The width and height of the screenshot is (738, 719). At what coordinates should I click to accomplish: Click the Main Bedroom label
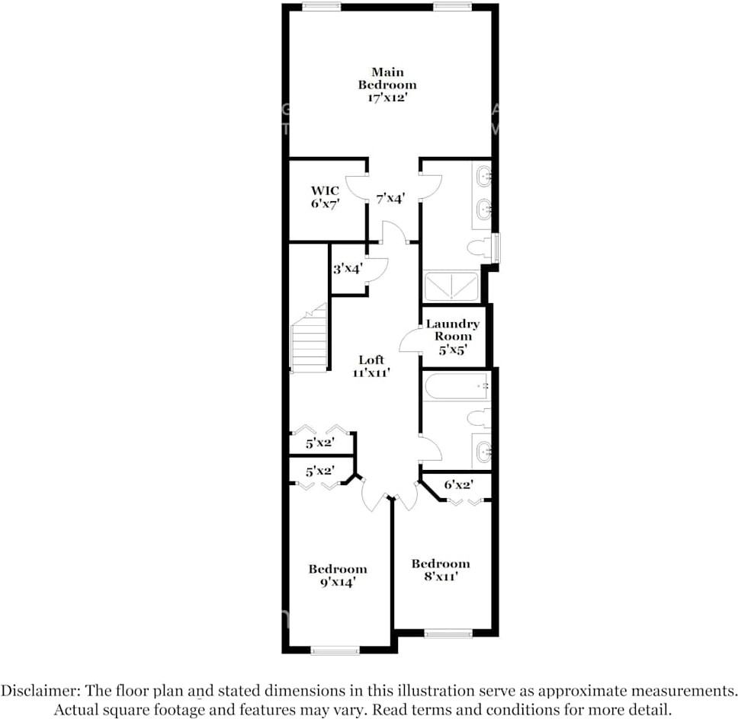(387, 85)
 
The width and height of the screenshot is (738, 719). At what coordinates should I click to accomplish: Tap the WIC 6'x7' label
(324, 197)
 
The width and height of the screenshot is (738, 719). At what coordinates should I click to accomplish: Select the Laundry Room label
(453, 336)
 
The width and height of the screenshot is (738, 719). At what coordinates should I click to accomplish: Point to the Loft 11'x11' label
(372, 366)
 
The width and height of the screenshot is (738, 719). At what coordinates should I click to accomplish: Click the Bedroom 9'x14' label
(337, 575)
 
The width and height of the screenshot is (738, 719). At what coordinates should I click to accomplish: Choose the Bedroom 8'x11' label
(441, 570)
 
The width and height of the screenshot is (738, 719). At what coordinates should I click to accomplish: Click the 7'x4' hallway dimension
(390, 198)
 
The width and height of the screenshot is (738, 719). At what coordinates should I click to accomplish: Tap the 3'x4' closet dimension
(347, 269)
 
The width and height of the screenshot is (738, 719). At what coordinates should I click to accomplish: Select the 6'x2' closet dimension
(458, 484)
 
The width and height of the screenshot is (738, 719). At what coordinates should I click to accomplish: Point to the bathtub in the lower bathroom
(456, 386)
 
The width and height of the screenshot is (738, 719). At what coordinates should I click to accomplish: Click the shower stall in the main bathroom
(451, 286)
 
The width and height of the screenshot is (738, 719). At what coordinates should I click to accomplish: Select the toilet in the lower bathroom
(479, 417)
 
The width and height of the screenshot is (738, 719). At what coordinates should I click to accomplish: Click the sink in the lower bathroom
(482, 452)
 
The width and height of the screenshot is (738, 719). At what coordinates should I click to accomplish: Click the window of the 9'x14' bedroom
(335, 650)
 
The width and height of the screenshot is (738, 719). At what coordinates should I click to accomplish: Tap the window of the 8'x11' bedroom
(448, 633)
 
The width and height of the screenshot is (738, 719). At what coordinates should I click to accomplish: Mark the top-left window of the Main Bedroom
(321, 7)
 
